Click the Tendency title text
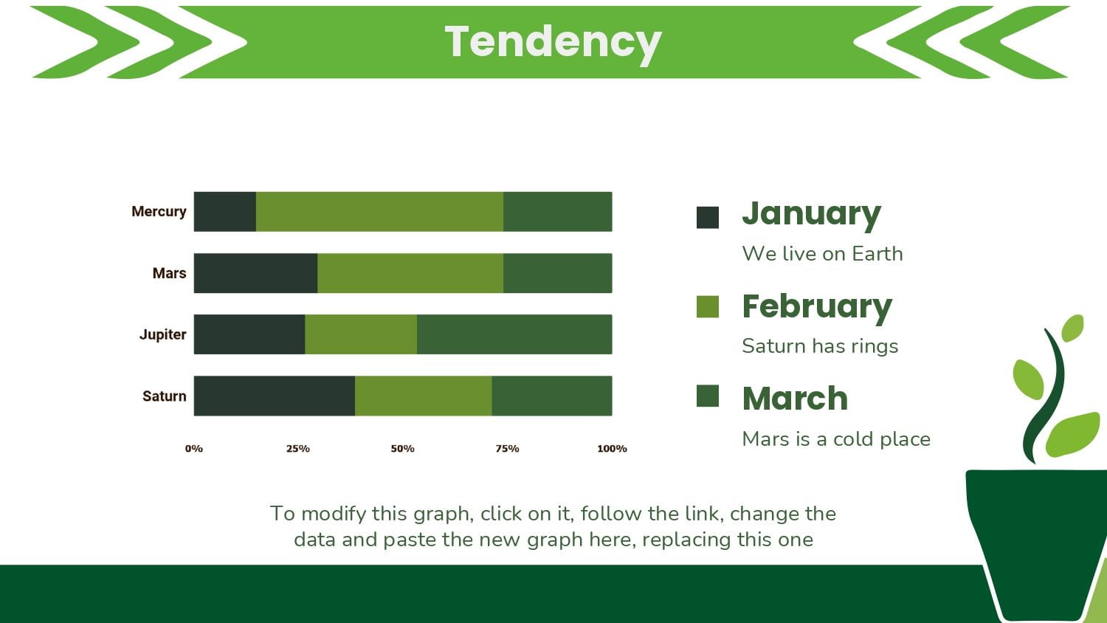click(x=553, y=43)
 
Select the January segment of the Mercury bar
click(x=225, y=212)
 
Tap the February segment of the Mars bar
click(x=410, y=273)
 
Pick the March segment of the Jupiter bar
click(x=514, y=334)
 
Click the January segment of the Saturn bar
click(x=275, y=396)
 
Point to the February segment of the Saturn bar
click(x=424, y=396)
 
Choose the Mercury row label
click(x=159, y=212)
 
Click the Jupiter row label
click(x=162, y=334)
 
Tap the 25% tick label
click(x=298, y=449)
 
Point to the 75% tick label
click(x=508, y=449)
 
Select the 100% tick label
click(x=612, y=449)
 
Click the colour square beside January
click(x=708, y=218)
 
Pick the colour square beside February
click(x=708, y=307)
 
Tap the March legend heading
click(x=795, y=399)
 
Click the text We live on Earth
click(x=822, y=254)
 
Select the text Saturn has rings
click(x=820, y=345)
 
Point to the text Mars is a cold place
click(x=836, y=438)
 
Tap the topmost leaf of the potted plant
click(x=1072, y=328)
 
